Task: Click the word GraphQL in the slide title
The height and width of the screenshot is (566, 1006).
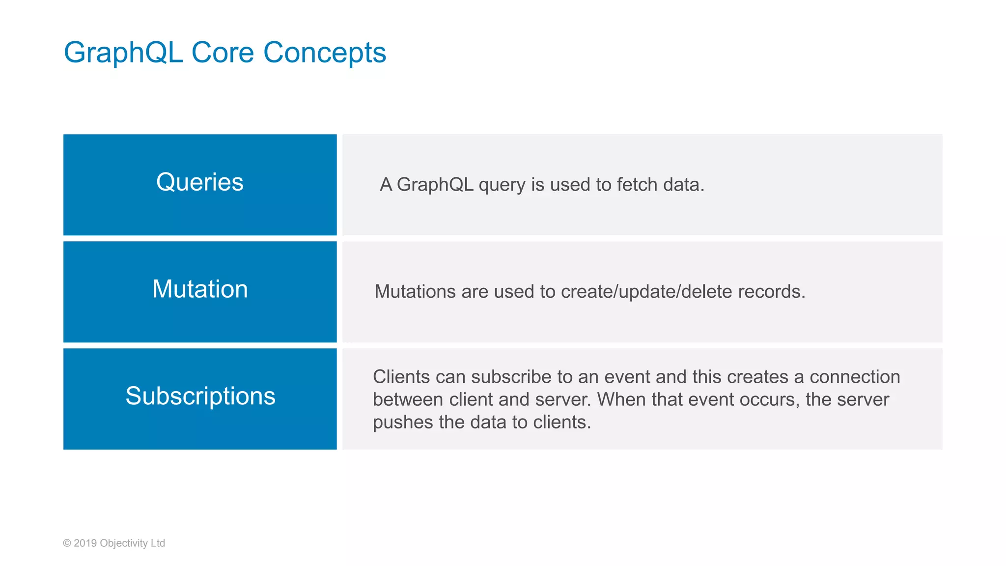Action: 123,53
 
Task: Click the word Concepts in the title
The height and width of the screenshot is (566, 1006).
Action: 325,53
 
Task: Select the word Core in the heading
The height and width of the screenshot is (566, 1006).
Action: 223,53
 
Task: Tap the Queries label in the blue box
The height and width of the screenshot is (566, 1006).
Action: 199,182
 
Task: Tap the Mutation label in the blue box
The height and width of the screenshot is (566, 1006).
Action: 199,289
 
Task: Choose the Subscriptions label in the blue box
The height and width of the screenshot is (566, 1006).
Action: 200,396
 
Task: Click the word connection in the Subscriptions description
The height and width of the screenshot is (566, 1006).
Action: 854,377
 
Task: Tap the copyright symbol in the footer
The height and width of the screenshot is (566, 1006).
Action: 67,543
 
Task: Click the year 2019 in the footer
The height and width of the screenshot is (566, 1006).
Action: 85,543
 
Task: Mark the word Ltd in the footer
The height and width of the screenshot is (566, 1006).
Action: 158,543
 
